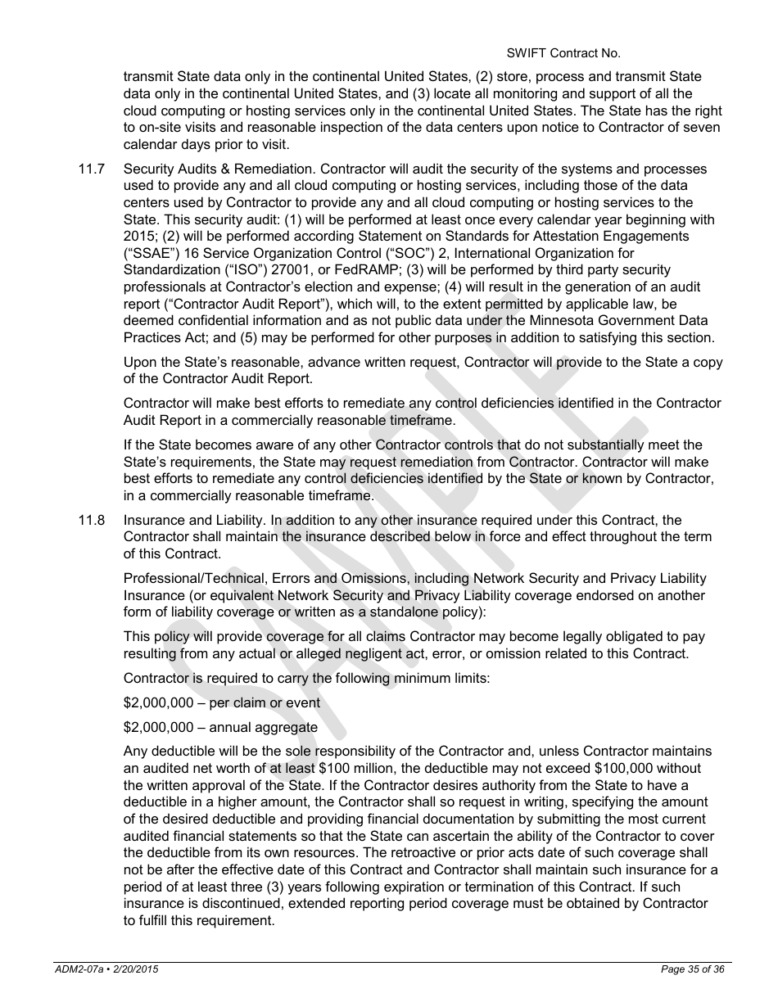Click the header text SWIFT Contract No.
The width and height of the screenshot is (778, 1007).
coord(563,53)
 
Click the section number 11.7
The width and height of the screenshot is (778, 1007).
coord(91,169)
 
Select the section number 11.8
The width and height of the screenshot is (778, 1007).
coord(91,520)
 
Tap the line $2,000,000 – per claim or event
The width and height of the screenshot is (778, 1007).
coord(221,702)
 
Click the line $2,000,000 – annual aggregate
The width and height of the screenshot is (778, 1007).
coord(219,727)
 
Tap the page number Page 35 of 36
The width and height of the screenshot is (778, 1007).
coord(693,969)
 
